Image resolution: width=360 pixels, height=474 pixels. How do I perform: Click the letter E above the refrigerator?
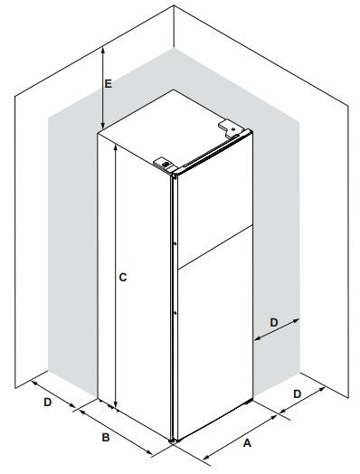click(108, 83)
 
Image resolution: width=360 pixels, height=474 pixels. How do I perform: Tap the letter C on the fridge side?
click(123, 277)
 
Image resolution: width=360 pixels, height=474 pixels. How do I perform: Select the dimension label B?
click(106, 437)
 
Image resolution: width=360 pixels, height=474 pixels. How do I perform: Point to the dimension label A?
click(247, 443)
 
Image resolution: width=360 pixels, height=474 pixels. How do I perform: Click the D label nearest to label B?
click(48, 403)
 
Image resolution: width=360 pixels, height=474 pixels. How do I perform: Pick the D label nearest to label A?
click(298, 393)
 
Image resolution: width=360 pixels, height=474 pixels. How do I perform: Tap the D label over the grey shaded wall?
click(273, 323)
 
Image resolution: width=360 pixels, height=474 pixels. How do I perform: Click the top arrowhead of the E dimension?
click(103, 51)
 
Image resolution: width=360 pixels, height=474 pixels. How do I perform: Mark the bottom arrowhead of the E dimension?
click(103, 125)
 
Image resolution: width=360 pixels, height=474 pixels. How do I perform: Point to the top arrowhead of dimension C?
click(115, 147)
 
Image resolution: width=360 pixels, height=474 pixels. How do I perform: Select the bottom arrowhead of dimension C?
click(115, 404)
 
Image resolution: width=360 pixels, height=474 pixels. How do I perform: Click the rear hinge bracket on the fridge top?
click(231, 128)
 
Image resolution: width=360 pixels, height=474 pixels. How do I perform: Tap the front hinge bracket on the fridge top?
click(164, 165)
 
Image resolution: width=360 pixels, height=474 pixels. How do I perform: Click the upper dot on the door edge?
click(175, 243)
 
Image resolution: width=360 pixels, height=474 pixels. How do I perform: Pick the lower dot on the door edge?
click(175, 313)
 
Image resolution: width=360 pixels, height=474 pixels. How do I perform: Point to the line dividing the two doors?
click(215, 247)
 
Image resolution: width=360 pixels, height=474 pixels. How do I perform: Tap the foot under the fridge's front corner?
click(173, 441)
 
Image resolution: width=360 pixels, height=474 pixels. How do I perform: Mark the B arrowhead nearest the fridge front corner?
click(149, 452)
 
